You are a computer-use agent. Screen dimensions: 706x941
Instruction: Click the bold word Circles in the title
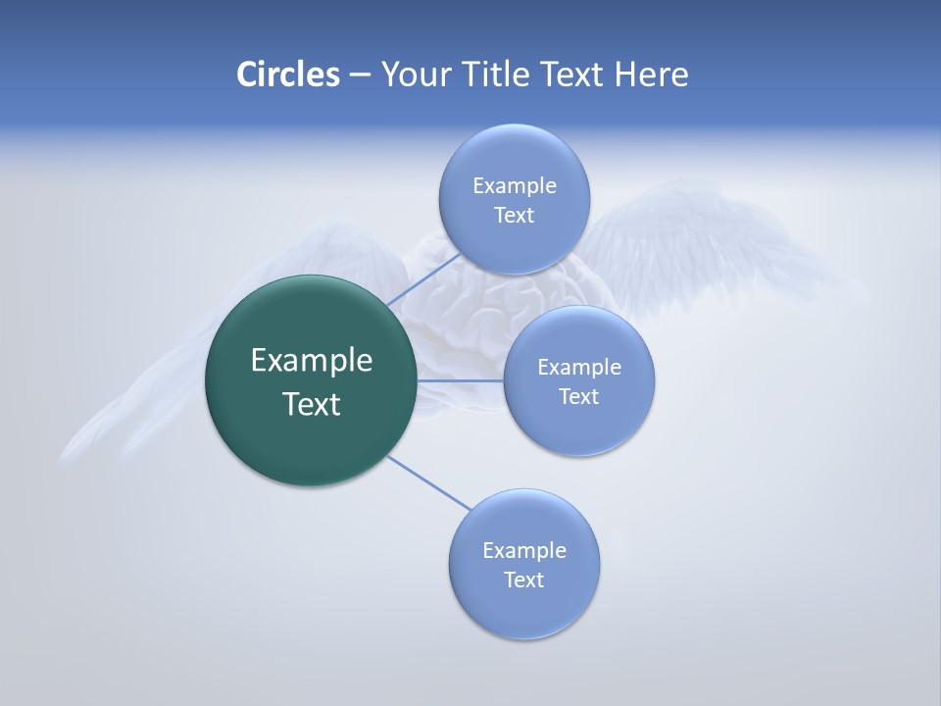click(x=287, y=75)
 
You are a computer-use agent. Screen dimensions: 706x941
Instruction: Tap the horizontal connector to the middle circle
click(x=461, y=380)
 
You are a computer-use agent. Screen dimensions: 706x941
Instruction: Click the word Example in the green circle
click(x=312, y=361)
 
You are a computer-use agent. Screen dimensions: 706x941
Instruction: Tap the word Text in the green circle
click(x=312, y=404)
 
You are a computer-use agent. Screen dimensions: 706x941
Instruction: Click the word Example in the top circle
click(x=514, y=186)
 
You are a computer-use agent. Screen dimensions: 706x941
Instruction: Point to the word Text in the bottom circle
click(x=523, y=580)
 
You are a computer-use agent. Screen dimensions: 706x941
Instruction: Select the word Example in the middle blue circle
click(x=578, y=368)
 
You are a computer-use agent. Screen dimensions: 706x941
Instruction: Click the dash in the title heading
click(x=360, y=76)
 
